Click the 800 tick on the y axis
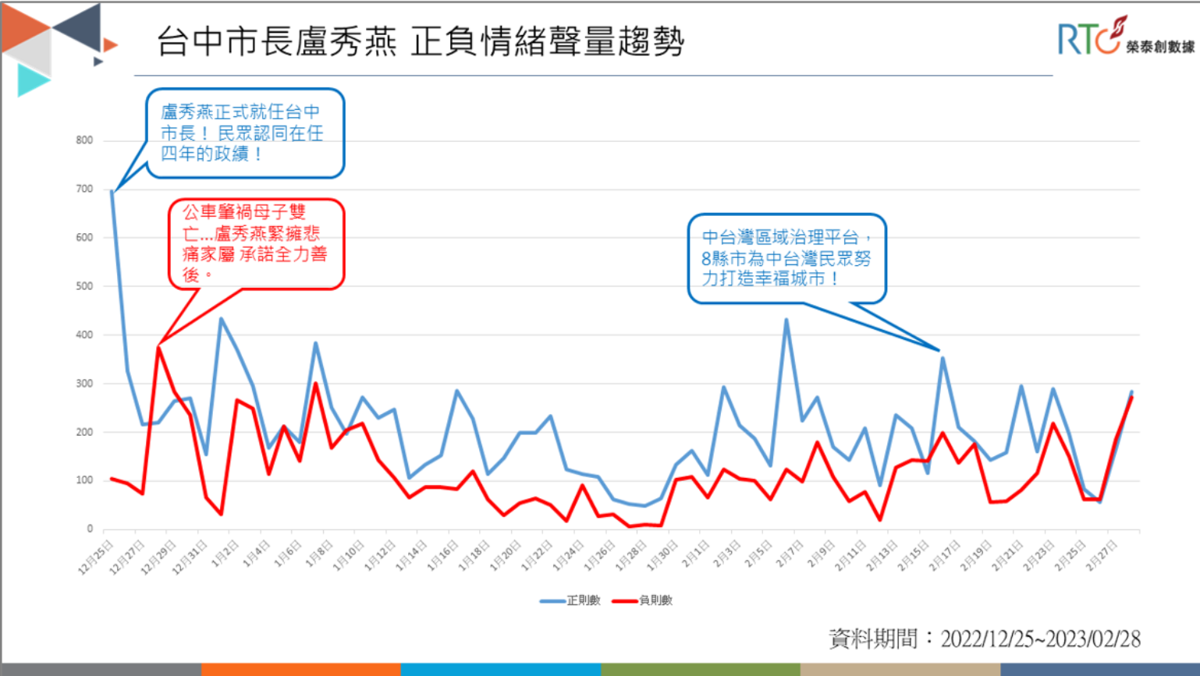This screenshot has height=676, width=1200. (84, 140)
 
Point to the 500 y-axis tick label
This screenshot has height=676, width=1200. (84, 286)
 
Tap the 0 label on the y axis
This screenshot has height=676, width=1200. (90, 529)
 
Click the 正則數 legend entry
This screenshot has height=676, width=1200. (571, 600)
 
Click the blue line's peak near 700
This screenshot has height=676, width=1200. (112, 190)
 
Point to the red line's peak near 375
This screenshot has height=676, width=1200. (158, 346)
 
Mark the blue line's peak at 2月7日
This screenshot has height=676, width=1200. (786, 319)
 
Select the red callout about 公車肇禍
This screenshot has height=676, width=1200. (256, 244)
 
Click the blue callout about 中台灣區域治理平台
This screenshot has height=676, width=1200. (786, 258)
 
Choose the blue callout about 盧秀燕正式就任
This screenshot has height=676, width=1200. (245, 133)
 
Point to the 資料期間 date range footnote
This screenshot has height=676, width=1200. (984, 639)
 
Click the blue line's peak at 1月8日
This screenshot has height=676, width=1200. (316, 342)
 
